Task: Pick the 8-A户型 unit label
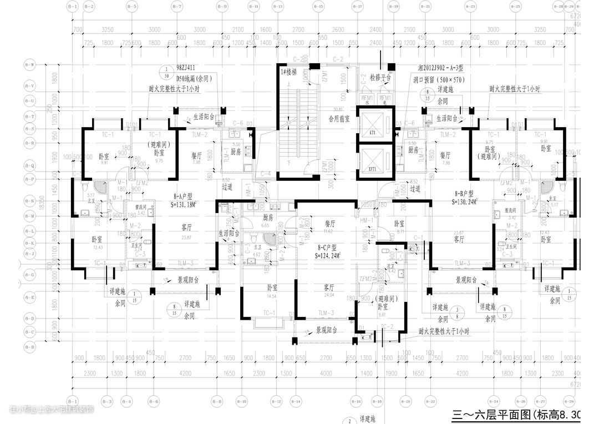pos(182,196)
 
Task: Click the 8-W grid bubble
pos(29,65)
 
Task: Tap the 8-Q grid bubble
pos(29,166)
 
